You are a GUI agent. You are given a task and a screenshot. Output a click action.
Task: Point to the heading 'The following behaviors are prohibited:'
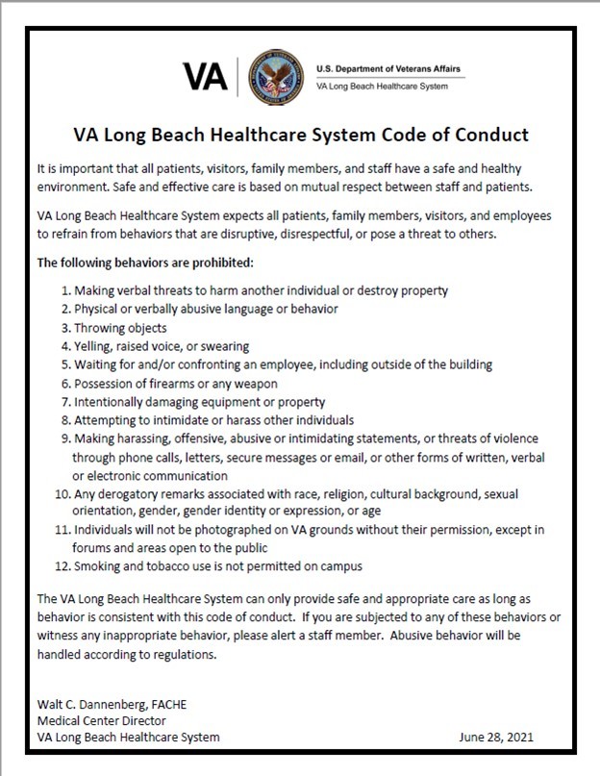143,262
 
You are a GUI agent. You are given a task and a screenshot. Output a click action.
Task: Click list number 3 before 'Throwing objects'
65,328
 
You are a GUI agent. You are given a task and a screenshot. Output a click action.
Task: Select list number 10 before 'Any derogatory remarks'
62,494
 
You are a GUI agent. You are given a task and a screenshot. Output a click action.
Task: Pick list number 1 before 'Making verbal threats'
65,290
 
